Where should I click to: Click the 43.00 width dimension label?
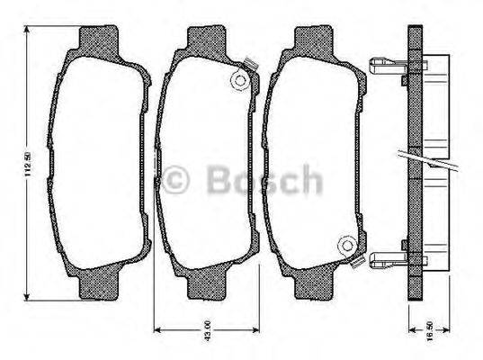point(205,328)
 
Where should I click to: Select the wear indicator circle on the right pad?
point(345,244)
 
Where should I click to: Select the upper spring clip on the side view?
point(389,66)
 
